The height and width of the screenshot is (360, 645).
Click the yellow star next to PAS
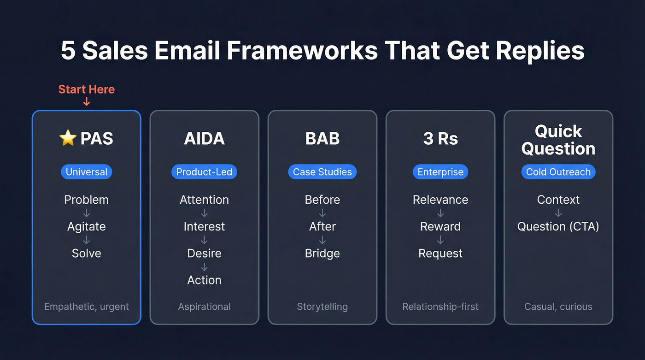pyautogui.click(x=68, y=138)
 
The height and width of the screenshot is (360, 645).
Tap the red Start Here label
pyautogui.click(x=87, y=89)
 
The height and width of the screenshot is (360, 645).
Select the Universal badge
pyautogui.click(x=87, y=172)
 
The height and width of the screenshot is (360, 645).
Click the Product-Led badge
pyautogui.click(x=204, y=172)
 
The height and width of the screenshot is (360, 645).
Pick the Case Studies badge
pyautogui.click(x=322, y=172)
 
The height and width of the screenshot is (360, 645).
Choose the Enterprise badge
pyautogui.click(x=440, y=172)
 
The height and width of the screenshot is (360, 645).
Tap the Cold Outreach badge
pyautogui.click(x=558, y=172)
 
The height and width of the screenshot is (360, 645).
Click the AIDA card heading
pyautogui.click(x=204, y=139)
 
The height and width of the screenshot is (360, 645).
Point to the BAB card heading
pyautogui.click(x=322, y=139)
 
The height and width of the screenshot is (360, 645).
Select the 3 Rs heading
pyautogui.click(x=440, y=139)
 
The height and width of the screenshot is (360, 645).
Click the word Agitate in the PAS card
pyautogui.click(x=87, y=226)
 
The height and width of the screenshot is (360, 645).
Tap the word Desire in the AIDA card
pyautogui.click(x=204, y=253)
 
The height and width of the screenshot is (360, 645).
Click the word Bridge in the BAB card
pyautogui.click(x=322, y=253)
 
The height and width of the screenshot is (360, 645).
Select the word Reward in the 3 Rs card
pyautogui.click(x=440, y=226)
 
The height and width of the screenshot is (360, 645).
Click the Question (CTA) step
pyautogui.click(x=558, y=226)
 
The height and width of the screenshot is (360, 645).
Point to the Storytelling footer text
pyautogui.click(x=322, y=307)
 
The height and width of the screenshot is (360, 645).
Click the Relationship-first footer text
pyautogui.click(x=440, y=307)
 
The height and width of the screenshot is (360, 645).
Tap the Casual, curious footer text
pyautogui.click(x=558, y=307)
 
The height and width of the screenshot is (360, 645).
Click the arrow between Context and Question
pyautogui.click(x=558, y=213)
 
